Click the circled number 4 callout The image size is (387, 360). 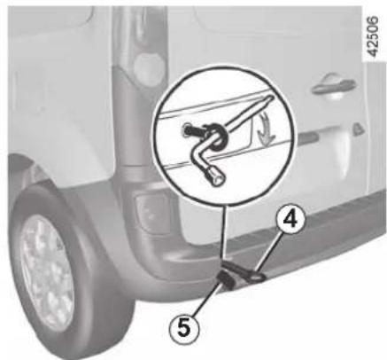[x=290, y=219]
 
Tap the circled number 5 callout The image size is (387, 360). [x=183, y=328]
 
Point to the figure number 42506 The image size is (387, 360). [x=373, y=36]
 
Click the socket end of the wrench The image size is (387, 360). [x=217, y=176]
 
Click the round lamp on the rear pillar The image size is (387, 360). [x=149, y=67]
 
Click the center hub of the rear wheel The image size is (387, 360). [x=47, y=272]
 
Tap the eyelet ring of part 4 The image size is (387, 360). [x=258, y=277]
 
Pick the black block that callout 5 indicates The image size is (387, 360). [x=227, y=279]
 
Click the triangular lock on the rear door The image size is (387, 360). [x=357, y=129]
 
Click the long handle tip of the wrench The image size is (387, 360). [x=270, y=98]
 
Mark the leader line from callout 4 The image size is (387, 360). [x=268, y=252]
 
